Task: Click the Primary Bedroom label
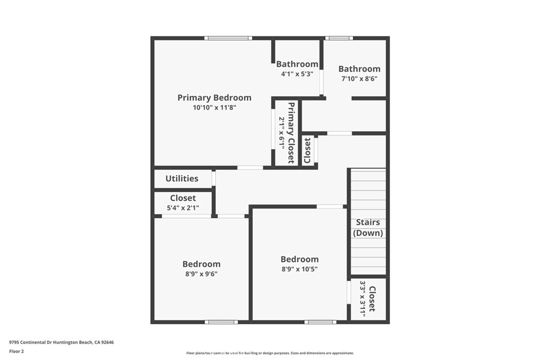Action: coord(214,98)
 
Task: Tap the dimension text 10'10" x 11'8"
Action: coord(214,108)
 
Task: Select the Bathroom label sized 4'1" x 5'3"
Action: coord(297,64)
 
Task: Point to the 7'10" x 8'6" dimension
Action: coord(359,79)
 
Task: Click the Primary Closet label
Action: coord(291,132)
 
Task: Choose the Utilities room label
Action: coord(182,179)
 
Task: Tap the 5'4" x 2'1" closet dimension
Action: coord(183,208)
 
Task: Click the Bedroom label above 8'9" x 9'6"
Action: coord(201,264)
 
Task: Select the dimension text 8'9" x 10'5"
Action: coord(300,269)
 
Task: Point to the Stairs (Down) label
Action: coord(368,228)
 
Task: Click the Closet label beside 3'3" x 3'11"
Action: coord(372,299)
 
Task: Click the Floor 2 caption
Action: coord(17,351)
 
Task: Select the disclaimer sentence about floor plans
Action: coord(270,353)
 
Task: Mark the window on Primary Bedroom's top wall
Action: coord(228,38)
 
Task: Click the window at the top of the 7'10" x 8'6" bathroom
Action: coord(339,38)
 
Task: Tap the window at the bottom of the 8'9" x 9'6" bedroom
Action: coord(221,322)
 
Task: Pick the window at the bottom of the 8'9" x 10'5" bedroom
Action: coord(320,322)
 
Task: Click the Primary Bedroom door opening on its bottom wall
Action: coord(250,168)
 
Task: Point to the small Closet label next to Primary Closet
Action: coord(308,150)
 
